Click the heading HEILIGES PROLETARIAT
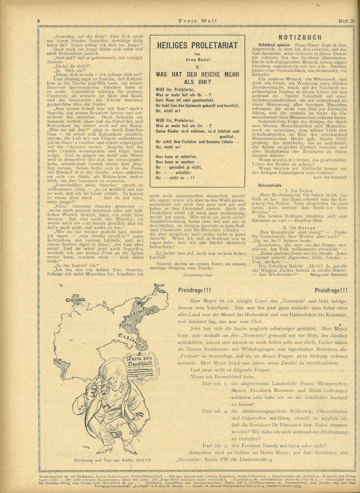pos(198,45)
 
